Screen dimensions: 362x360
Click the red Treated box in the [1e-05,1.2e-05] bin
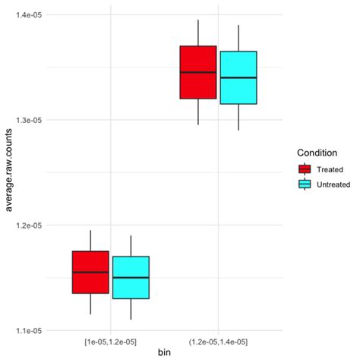point(90,272)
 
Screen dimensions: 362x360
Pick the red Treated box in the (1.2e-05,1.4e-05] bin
point(197,72)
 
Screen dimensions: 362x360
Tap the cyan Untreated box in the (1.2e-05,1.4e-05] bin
point(238,77)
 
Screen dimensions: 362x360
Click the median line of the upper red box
point(197,72)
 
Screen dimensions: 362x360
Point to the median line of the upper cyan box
point(238,77)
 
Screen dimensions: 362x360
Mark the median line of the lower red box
point(90,272)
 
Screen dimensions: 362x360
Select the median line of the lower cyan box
point(131,278)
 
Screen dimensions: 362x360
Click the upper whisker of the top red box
point(197,33)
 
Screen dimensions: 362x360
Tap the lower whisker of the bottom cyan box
point(131,309)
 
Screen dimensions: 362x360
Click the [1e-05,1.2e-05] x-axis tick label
point(111,342)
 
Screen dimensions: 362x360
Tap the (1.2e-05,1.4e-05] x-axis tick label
point(219,342)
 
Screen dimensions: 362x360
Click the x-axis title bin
point(165,354)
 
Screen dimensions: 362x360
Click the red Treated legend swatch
point(305,169)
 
